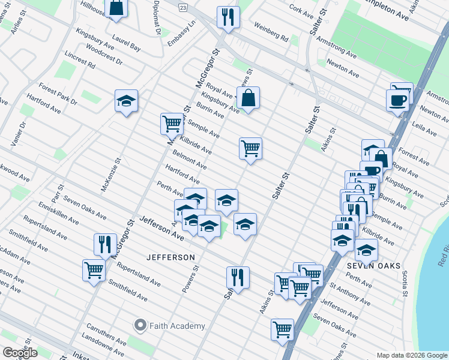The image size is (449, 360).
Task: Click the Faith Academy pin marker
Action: click(x=140, y=326)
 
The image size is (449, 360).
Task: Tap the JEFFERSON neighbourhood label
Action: click(x=171, y=257)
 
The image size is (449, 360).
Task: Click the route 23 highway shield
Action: click(x=182, y=7)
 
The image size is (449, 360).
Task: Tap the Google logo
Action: click(x=20, y=353)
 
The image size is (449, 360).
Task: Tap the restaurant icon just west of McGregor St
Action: click(x=105, y=244)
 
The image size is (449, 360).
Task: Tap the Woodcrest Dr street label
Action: click(x=104, y=53)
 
